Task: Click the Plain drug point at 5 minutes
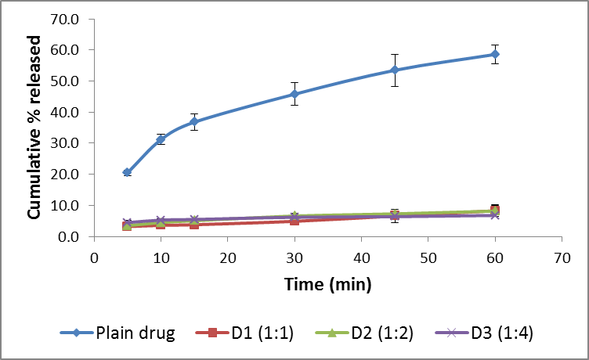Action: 127,172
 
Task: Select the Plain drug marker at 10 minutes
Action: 161,139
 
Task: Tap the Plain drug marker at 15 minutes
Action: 194,122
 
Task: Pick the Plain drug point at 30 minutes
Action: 294,94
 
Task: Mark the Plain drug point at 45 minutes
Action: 395,70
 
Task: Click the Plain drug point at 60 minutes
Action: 495,54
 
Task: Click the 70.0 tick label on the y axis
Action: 70,19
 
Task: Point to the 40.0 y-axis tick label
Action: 70,112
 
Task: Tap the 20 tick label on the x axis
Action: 228,257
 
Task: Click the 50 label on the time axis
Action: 428,257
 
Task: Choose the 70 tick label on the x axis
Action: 562,257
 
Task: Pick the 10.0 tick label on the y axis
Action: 70,205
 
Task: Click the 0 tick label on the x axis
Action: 94,257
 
